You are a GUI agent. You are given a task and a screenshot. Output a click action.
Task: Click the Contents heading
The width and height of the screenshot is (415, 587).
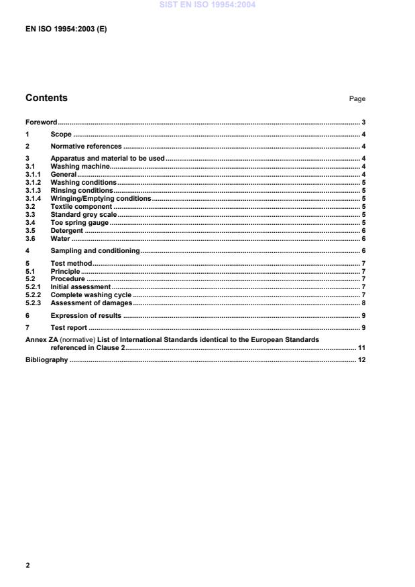[46, 98]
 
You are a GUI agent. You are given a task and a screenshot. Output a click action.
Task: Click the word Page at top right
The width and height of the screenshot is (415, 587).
[357, 99]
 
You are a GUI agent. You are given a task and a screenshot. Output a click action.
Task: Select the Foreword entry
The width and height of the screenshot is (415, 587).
[41, 122]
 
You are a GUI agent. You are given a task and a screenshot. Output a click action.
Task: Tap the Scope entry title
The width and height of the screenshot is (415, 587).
[61, 135]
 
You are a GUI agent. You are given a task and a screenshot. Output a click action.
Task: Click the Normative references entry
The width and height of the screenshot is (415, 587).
[86, 146]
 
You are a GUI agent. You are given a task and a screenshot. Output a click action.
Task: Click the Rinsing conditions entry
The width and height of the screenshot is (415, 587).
[82, 190]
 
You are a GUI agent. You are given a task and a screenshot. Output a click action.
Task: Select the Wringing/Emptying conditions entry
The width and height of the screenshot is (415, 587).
[101, 199]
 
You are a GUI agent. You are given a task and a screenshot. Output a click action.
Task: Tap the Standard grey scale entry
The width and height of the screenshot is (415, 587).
[84, 215]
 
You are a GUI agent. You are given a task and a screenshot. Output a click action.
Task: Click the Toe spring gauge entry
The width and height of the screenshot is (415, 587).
[80, 223]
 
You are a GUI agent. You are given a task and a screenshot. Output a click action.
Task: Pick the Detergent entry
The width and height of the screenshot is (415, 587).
[67, 231]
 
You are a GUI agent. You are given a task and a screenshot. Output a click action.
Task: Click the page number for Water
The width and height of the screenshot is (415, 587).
[363, 239]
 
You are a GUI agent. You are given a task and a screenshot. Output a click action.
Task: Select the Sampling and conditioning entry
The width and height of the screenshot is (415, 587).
[95, 251]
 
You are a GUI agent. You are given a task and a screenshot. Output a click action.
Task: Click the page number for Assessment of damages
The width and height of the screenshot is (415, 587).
[363, 303]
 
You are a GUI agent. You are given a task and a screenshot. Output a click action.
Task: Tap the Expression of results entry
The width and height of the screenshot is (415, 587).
[86, 315]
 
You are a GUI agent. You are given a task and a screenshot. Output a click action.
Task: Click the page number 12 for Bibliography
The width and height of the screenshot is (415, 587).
[361, 360]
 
